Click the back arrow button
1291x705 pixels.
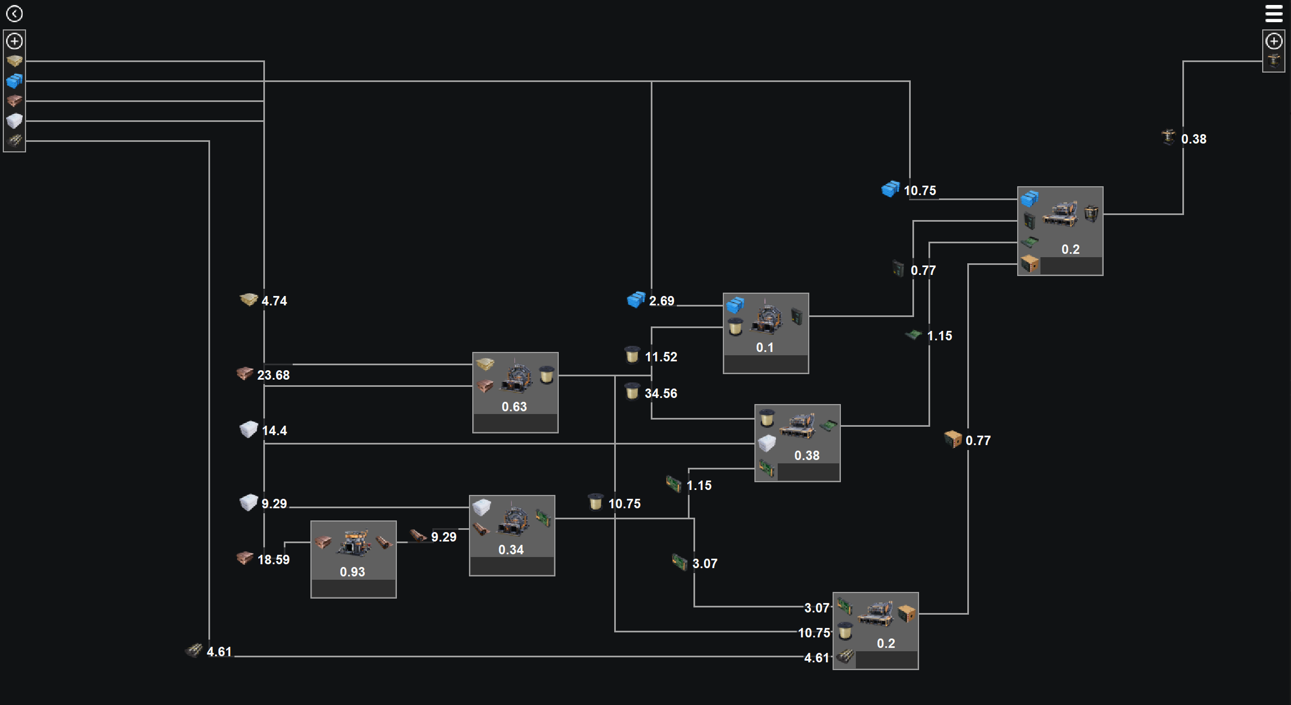click(14, 13)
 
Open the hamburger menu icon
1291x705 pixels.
click(1274, 13)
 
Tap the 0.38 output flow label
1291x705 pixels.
click(1193, 139)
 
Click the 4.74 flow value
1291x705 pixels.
click(274, 301)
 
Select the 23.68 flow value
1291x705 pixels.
click(273, 375)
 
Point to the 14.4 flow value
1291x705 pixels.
click(274, 431)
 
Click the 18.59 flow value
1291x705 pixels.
click(273, 560)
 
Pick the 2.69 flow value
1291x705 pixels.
click(661, 301)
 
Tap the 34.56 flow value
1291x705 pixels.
click(661, 394)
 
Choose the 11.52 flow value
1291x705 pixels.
click(661, 357)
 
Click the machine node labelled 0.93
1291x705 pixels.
click(353, 559)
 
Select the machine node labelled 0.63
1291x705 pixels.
click(515, 392)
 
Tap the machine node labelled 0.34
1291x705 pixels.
click(512, 535)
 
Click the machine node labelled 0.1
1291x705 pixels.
click(766, 333)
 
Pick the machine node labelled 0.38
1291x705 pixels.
click(797, 442)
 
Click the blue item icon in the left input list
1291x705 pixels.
click(14, 81)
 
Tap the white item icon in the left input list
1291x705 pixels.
click(14, 120)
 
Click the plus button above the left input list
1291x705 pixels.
click(14, 41)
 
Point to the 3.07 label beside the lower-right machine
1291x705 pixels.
click(817, 608)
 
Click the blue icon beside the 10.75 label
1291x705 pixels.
click(890, 190)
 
